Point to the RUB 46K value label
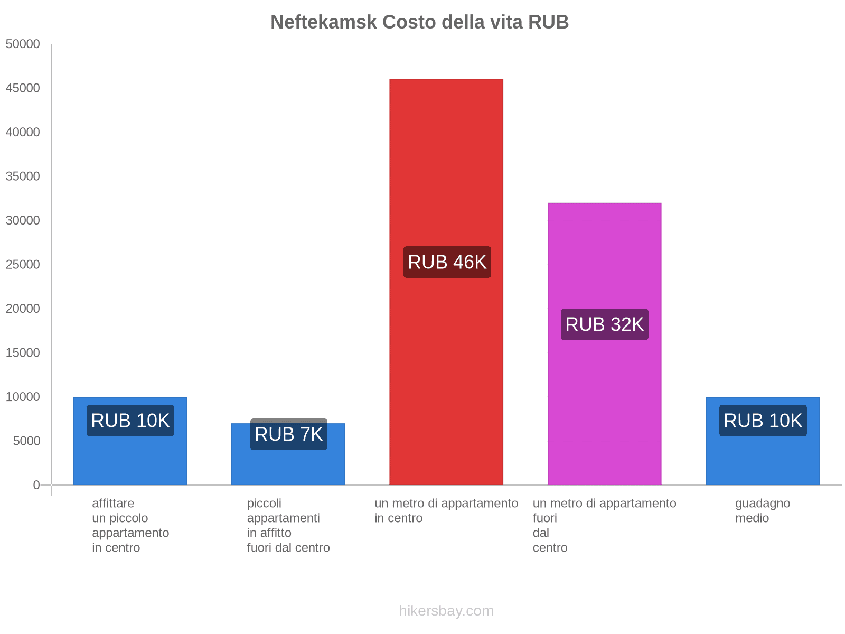447,262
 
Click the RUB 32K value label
604,324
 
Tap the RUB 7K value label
288,434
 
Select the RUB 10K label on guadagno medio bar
763,421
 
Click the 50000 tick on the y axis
23,44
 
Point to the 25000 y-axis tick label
23,264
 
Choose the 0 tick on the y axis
36,485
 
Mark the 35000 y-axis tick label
23,176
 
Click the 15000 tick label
23,352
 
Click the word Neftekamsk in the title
324,22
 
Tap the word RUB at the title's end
548,22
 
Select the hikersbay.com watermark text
446,611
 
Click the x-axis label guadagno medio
762,510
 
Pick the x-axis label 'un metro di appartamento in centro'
446,510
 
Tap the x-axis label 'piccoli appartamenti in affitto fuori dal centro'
288,525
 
